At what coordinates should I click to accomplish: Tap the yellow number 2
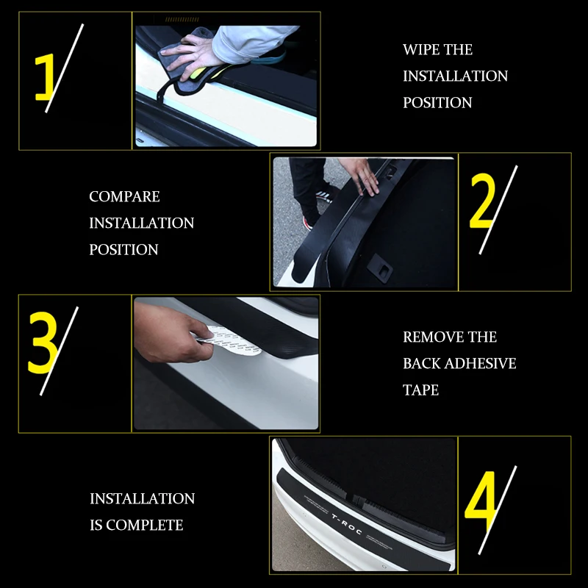pos(483,204)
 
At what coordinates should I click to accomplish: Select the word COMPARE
pos(124,197)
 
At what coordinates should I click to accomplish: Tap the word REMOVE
pos(429,337)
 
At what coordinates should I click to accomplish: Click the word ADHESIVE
pos(480,364)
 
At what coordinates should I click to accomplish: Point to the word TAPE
pos(420,390)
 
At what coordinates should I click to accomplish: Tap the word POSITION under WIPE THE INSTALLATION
pos(437,103)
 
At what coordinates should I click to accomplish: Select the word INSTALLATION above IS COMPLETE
pos(142,499)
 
